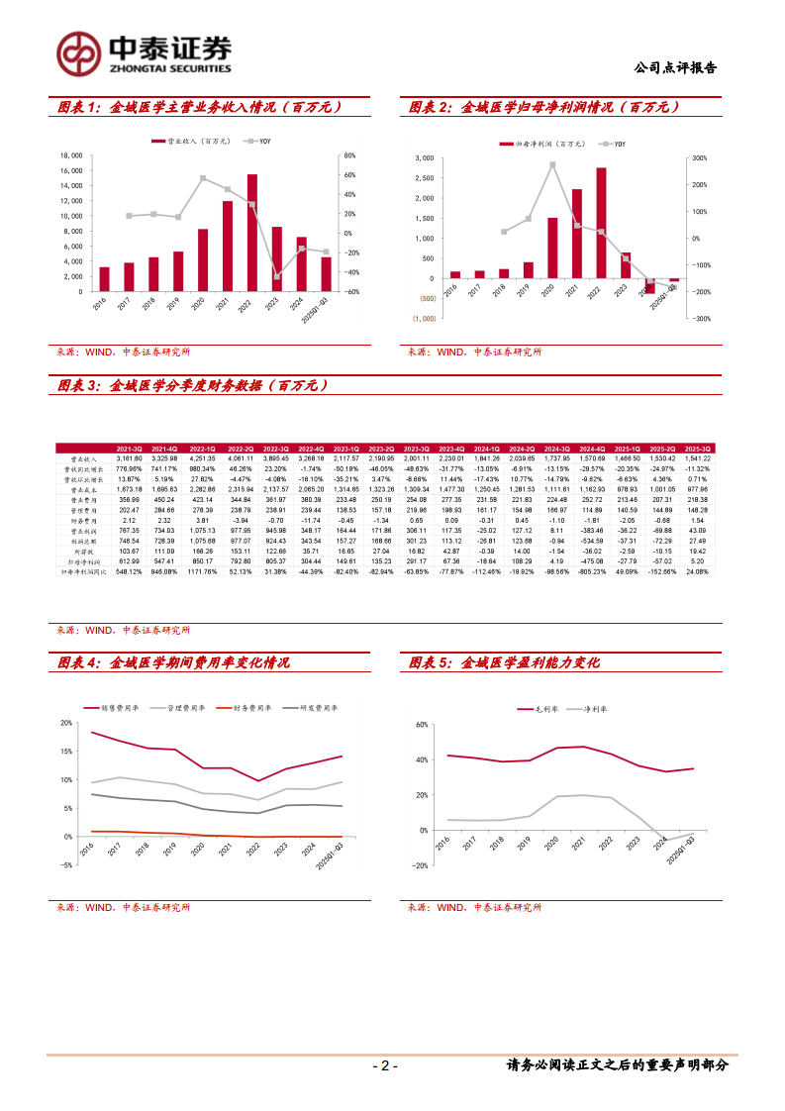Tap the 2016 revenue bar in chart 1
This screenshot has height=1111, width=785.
coord(104,279)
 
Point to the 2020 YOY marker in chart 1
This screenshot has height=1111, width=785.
coord(203,178)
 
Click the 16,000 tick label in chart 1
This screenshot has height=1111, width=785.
coord(69,170)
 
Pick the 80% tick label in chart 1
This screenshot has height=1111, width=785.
coord(348,155)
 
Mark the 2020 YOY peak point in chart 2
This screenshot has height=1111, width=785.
coord(552,164)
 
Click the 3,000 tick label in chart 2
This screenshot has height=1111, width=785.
coord(423,158)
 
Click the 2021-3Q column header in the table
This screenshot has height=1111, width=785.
coord(129,448)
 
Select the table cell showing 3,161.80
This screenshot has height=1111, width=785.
coord(129,458)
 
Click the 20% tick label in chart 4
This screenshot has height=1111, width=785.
coord(65,723)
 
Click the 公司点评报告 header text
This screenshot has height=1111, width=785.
coord(674,68)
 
